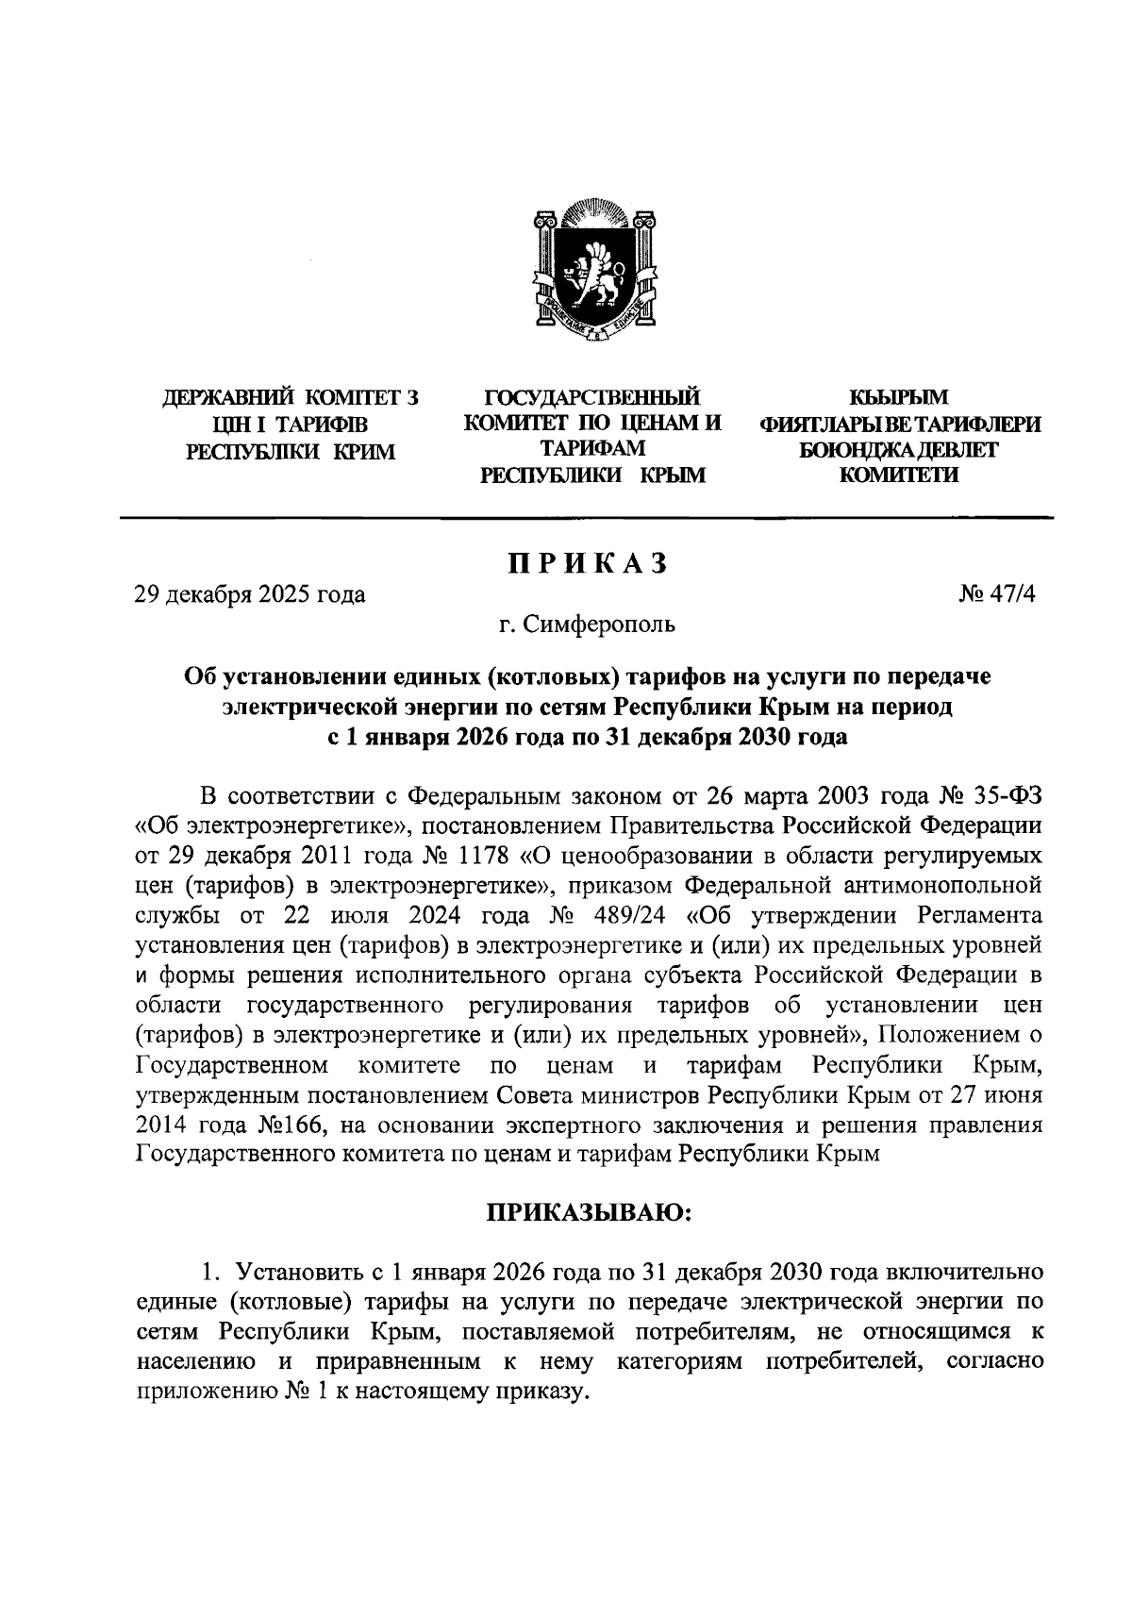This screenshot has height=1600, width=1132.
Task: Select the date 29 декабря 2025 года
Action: click(x=250, y=594)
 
